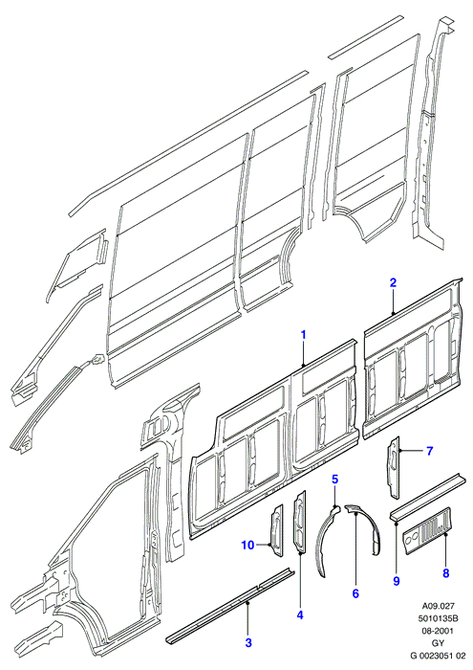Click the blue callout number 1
tap(304, 335)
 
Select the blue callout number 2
tap(393, 282)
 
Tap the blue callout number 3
tap(248, 642)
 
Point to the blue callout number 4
tap(300, 614)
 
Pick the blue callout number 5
tap(334, 480)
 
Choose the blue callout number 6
tap(355, 593)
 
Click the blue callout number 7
tap(429, 451)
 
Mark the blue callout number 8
tap(446, 573)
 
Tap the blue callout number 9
tap(397, 581)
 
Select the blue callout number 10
tap(247, 545)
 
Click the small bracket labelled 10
tap(276, 530)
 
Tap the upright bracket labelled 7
tap(394, 467)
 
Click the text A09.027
tap(439, 606)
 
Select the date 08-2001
tap(439, 631)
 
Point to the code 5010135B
tap(439, 618)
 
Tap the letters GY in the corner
tap(439, 643)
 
